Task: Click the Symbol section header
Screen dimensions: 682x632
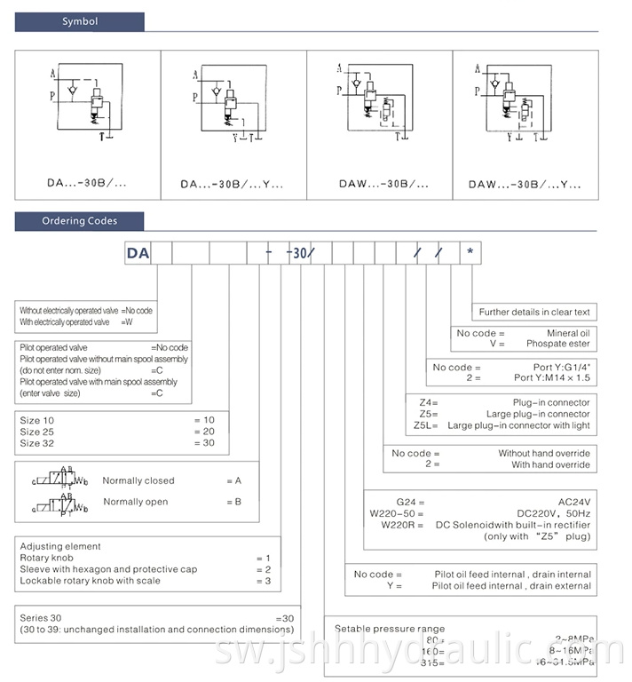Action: [x=80, y=21]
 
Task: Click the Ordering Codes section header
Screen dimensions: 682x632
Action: [x=80, y=221]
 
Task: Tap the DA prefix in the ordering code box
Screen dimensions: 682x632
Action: [x=138, y=253]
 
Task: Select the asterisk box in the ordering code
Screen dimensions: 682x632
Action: [x=470, y=252]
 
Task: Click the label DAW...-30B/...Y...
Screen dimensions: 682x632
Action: [x=525, y=185]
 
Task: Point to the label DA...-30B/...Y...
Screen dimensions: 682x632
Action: [x=231, y=185]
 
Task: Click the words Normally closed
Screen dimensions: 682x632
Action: [x=138, y=480]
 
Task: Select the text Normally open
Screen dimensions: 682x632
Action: [x=135, y=502]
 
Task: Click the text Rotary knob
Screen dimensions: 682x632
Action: [x=46, y=558]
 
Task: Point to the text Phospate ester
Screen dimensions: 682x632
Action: [x=557, y=344]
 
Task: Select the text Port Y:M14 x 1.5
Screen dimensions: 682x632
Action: [x=551, y=377]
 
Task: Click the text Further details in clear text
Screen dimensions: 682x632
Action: [x=534, y=312]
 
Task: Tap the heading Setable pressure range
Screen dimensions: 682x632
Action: [x=390, y=629]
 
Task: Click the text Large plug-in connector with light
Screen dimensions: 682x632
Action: [x=518, y=425]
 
